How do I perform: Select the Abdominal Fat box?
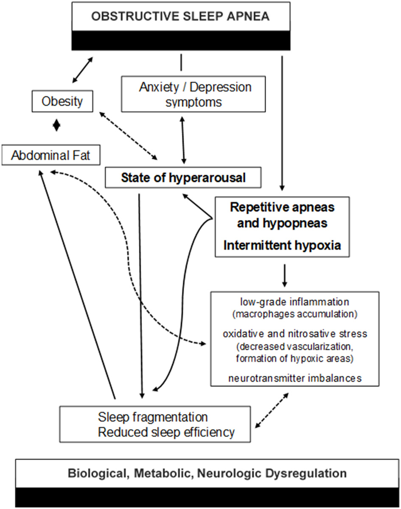[50, 155]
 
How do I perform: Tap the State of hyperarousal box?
[183, 177]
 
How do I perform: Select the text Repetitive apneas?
[282, 207]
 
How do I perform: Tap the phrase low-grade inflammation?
[294, 302]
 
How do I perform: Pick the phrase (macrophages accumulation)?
[294, 314]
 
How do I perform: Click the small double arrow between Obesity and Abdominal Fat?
[57, 126]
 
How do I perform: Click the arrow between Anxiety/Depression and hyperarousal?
[183, 140]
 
